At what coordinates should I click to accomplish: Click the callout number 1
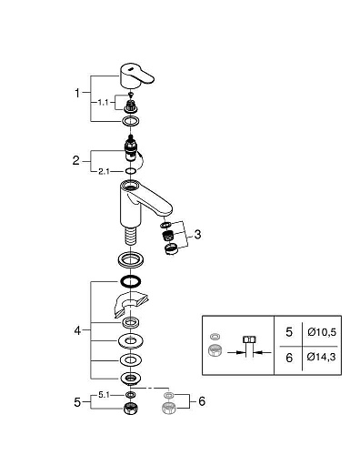[78, 93]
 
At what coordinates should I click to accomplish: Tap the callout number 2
[78, 160]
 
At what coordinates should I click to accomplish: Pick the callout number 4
[78, 330]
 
